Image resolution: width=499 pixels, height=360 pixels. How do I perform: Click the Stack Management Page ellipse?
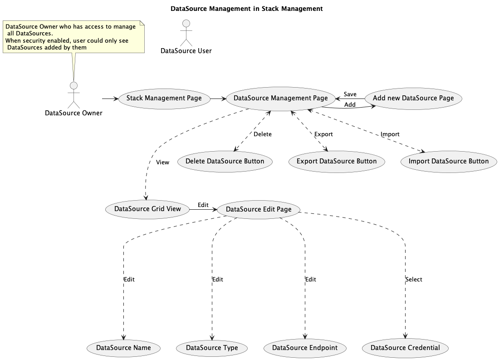pyautogui.click(x=164, y=99)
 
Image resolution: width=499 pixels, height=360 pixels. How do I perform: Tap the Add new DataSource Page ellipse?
pyautogui.click(x=413, y=99)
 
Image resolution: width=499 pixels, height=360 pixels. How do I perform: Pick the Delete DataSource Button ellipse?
pyautogui.click(x=225, y=162)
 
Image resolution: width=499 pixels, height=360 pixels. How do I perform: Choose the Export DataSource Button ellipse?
pyautogui.click(x=337, y=162)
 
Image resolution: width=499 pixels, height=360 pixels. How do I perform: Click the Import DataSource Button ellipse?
pyautogui.click(x=449, y=162)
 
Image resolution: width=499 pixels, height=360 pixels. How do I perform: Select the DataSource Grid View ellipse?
pyautogui.click(x=148, y=209)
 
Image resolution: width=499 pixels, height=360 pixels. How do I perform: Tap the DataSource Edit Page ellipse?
pyautogui.click(x=259, y=209)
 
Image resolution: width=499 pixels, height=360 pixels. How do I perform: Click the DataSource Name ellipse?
pyautogui.click(x=123, y=348)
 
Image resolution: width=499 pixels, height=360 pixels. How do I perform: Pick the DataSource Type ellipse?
pyautogui.click(x=212, y=348)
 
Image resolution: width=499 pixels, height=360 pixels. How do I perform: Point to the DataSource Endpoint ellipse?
pyautogui.click(x=305, y=348)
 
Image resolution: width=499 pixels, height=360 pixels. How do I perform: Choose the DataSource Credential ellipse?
pyautogui.click(x=406, y=348)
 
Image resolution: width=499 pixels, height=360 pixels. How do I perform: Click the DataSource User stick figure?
pyautogui.click(x=186, y=33)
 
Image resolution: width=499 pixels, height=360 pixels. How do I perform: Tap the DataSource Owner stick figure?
pyautogui.click(x=74, y=95)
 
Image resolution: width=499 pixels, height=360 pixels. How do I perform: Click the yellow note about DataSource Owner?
pyautogui.click(x=74, y=37)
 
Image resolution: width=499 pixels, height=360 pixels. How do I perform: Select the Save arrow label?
pyautogui.click(x=350, y=94)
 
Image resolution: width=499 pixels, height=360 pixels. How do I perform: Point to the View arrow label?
pyautogui.click(x=162, y=163)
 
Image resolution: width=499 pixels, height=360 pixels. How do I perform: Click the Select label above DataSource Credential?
pyautogui.click(x=414, y=279)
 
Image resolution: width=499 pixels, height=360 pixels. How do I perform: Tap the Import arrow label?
pyautogui.click(x=390, y=134)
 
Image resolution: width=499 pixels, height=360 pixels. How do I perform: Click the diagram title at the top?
pyautogui.click(x=247, y=9)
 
